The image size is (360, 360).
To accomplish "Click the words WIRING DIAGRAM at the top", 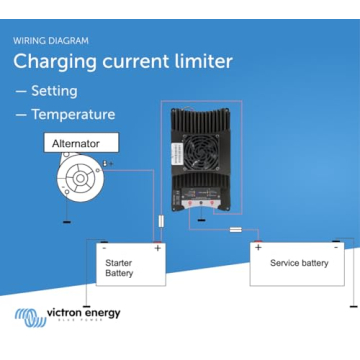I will tap(51, 41).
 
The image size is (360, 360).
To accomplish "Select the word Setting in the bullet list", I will tap(56, 91).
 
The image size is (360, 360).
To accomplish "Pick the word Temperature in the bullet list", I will tap(73, 114).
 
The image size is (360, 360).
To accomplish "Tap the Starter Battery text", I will tap(119, 267).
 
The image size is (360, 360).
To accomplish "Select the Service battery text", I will tap(298, 263).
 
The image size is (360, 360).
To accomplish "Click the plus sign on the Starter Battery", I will tap(157, 247).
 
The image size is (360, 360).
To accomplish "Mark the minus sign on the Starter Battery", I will tap(105, 247).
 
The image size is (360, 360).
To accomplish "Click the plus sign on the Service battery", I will tap(258, 246).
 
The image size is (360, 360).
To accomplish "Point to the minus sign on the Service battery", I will tap(336, 245).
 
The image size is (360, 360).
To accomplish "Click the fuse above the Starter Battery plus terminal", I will tap(162, 221).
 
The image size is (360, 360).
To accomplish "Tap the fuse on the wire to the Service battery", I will tap(236, 229).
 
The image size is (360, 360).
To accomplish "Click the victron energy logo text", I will tap(84, 313).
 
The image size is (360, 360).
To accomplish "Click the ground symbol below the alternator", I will tap(66, 218).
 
